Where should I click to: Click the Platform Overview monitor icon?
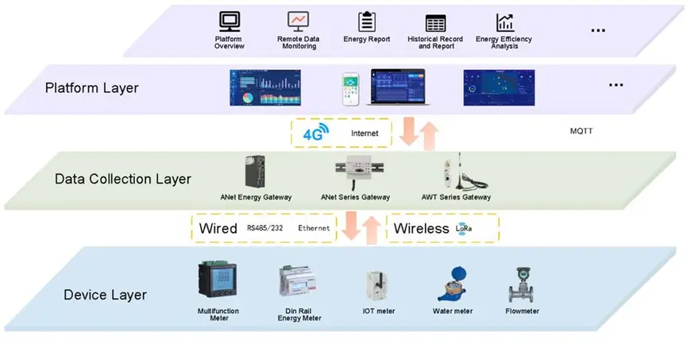pyautogui.click(x=229, y=21)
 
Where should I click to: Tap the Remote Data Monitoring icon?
pyautogui.click(x=298, y=21)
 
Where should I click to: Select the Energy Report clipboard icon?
pyautogui.click(x=366, y=21)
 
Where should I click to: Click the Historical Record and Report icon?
pyautogui.click(x=435, y=22)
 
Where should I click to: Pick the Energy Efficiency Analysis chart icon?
pyautogui.click(x=504, y=21)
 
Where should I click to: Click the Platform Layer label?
pyautogui.click(x=91, y=87)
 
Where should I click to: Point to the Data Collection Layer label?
pyautogui.click(x=122, y=179)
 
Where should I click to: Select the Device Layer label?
pyautogui.click(x=105, y=295)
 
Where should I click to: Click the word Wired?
pyautogui.click(x=218, y=229)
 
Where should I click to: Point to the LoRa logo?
pyautogui.click(x=464, y=229)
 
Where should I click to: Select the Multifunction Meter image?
pyautogui.click(x=217, y=283)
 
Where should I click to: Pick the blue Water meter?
pyautogui.click(x=451, y=284)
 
